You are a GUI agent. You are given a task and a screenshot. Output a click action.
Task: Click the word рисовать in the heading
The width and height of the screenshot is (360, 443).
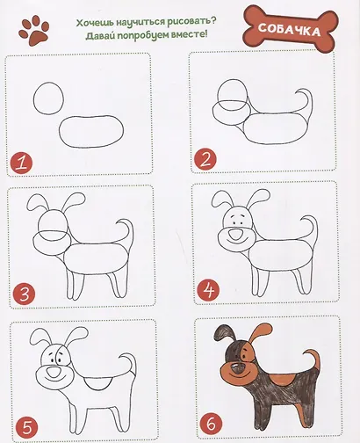[184, 17]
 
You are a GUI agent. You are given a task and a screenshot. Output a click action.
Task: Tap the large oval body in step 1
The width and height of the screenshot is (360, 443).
[93, 130]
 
